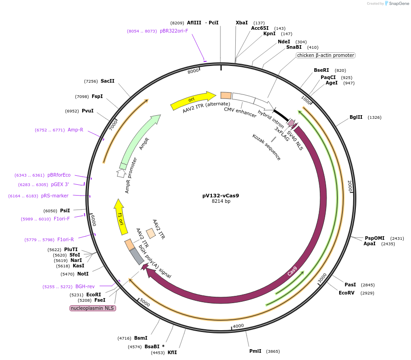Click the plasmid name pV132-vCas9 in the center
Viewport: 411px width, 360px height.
[x=220, y=196]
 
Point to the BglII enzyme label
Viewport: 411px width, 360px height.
[x=356, y=117]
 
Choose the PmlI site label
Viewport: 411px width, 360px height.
[x=255, y=351]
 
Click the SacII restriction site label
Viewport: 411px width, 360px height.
[x=107, y=81]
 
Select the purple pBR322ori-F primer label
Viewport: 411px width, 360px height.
[x=174, y=31]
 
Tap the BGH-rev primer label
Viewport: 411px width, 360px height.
[x=85, y=286]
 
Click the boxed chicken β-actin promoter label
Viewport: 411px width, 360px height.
[x=325, y=56]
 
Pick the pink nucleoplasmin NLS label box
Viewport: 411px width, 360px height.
[x=93, y=308]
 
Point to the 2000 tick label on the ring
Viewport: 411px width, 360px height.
[x=350, y=185]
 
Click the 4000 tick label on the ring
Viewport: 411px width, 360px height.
[x=238, y=326]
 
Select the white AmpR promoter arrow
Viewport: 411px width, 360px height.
[x=121, y=173]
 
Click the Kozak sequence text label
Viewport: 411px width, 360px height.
[x=266, y=147]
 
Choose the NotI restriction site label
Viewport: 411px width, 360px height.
[x=83, y=274]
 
